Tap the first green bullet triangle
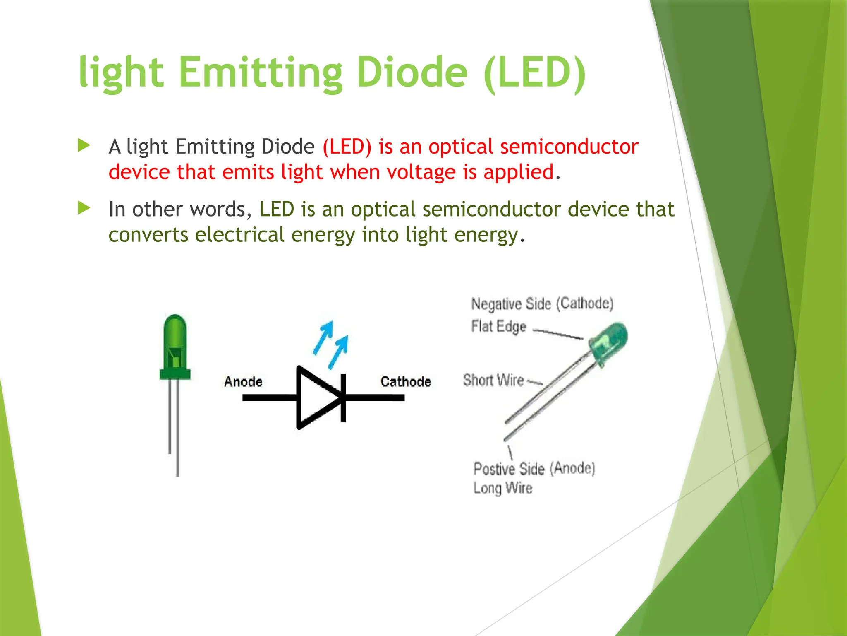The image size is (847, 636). pos(84,145)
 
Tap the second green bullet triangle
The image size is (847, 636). pos(84,208)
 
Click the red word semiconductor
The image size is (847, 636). pos(569,147)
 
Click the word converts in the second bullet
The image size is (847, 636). pos(148,235)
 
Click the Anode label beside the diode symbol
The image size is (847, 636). pos(243,381)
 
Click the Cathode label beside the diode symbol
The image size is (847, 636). pos(406,381)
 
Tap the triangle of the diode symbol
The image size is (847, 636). pos(316,398)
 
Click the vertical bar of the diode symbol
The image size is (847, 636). pos(343,398)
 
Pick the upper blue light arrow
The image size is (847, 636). pos(324,337)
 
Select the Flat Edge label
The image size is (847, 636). pos(499,327)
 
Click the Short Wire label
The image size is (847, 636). pos(493,380)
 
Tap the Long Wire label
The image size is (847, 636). pos(502,488)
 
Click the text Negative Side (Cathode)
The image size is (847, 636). pos(542,304)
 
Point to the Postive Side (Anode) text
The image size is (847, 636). pos(534,469)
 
